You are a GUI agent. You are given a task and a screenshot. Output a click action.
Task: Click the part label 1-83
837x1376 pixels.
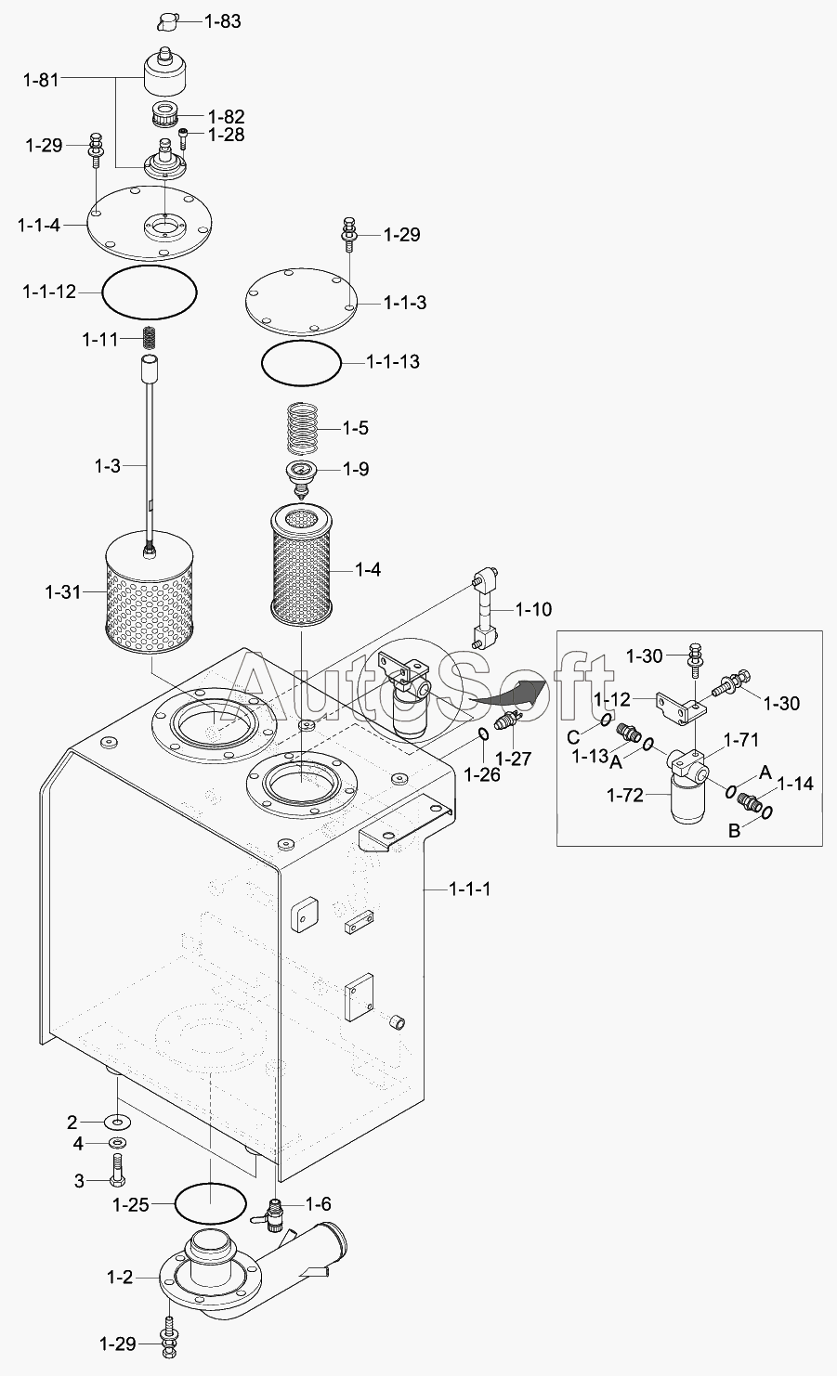[222, 20]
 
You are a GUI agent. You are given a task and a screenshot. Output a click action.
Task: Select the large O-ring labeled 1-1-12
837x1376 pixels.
[150, 292]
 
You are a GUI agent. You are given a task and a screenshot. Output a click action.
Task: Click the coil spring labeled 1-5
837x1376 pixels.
[304, 427]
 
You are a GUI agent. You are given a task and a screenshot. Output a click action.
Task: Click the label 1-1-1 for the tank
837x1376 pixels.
[469, 889]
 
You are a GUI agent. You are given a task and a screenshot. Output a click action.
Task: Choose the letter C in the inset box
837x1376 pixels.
[574, 736]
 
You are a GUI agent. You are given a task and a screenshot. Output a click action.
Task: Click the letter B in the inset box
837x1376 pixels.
[734, 830]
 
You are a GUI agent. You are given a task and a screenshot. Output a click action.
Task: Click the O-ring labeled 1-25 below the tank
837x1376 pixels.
[210, 1203]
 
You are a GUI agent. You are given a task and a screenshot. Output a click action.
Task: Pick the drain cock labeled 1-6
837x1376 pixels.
[274, 1212]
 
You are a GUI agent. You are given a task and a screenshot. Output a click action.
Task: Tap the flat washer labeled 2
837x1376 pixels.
[118, 1123]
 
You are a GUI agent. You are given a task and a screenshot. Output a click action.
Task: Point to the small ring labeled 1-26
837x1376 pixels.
[483, 735]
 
